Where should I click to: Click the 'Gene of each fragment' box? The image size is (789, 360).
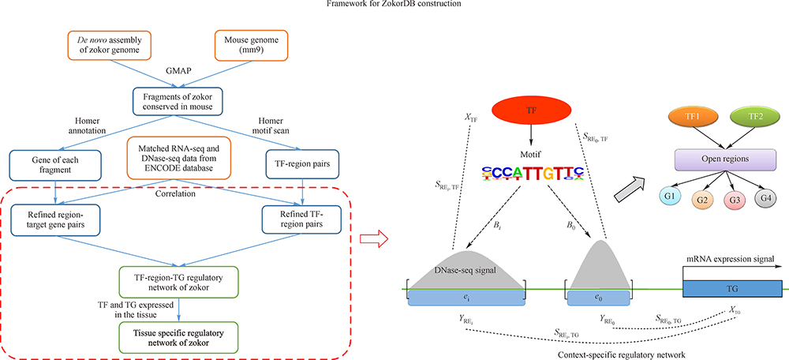pos(52,164)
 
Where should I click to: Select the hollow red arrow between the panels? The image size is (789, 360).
pos(370,236)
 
